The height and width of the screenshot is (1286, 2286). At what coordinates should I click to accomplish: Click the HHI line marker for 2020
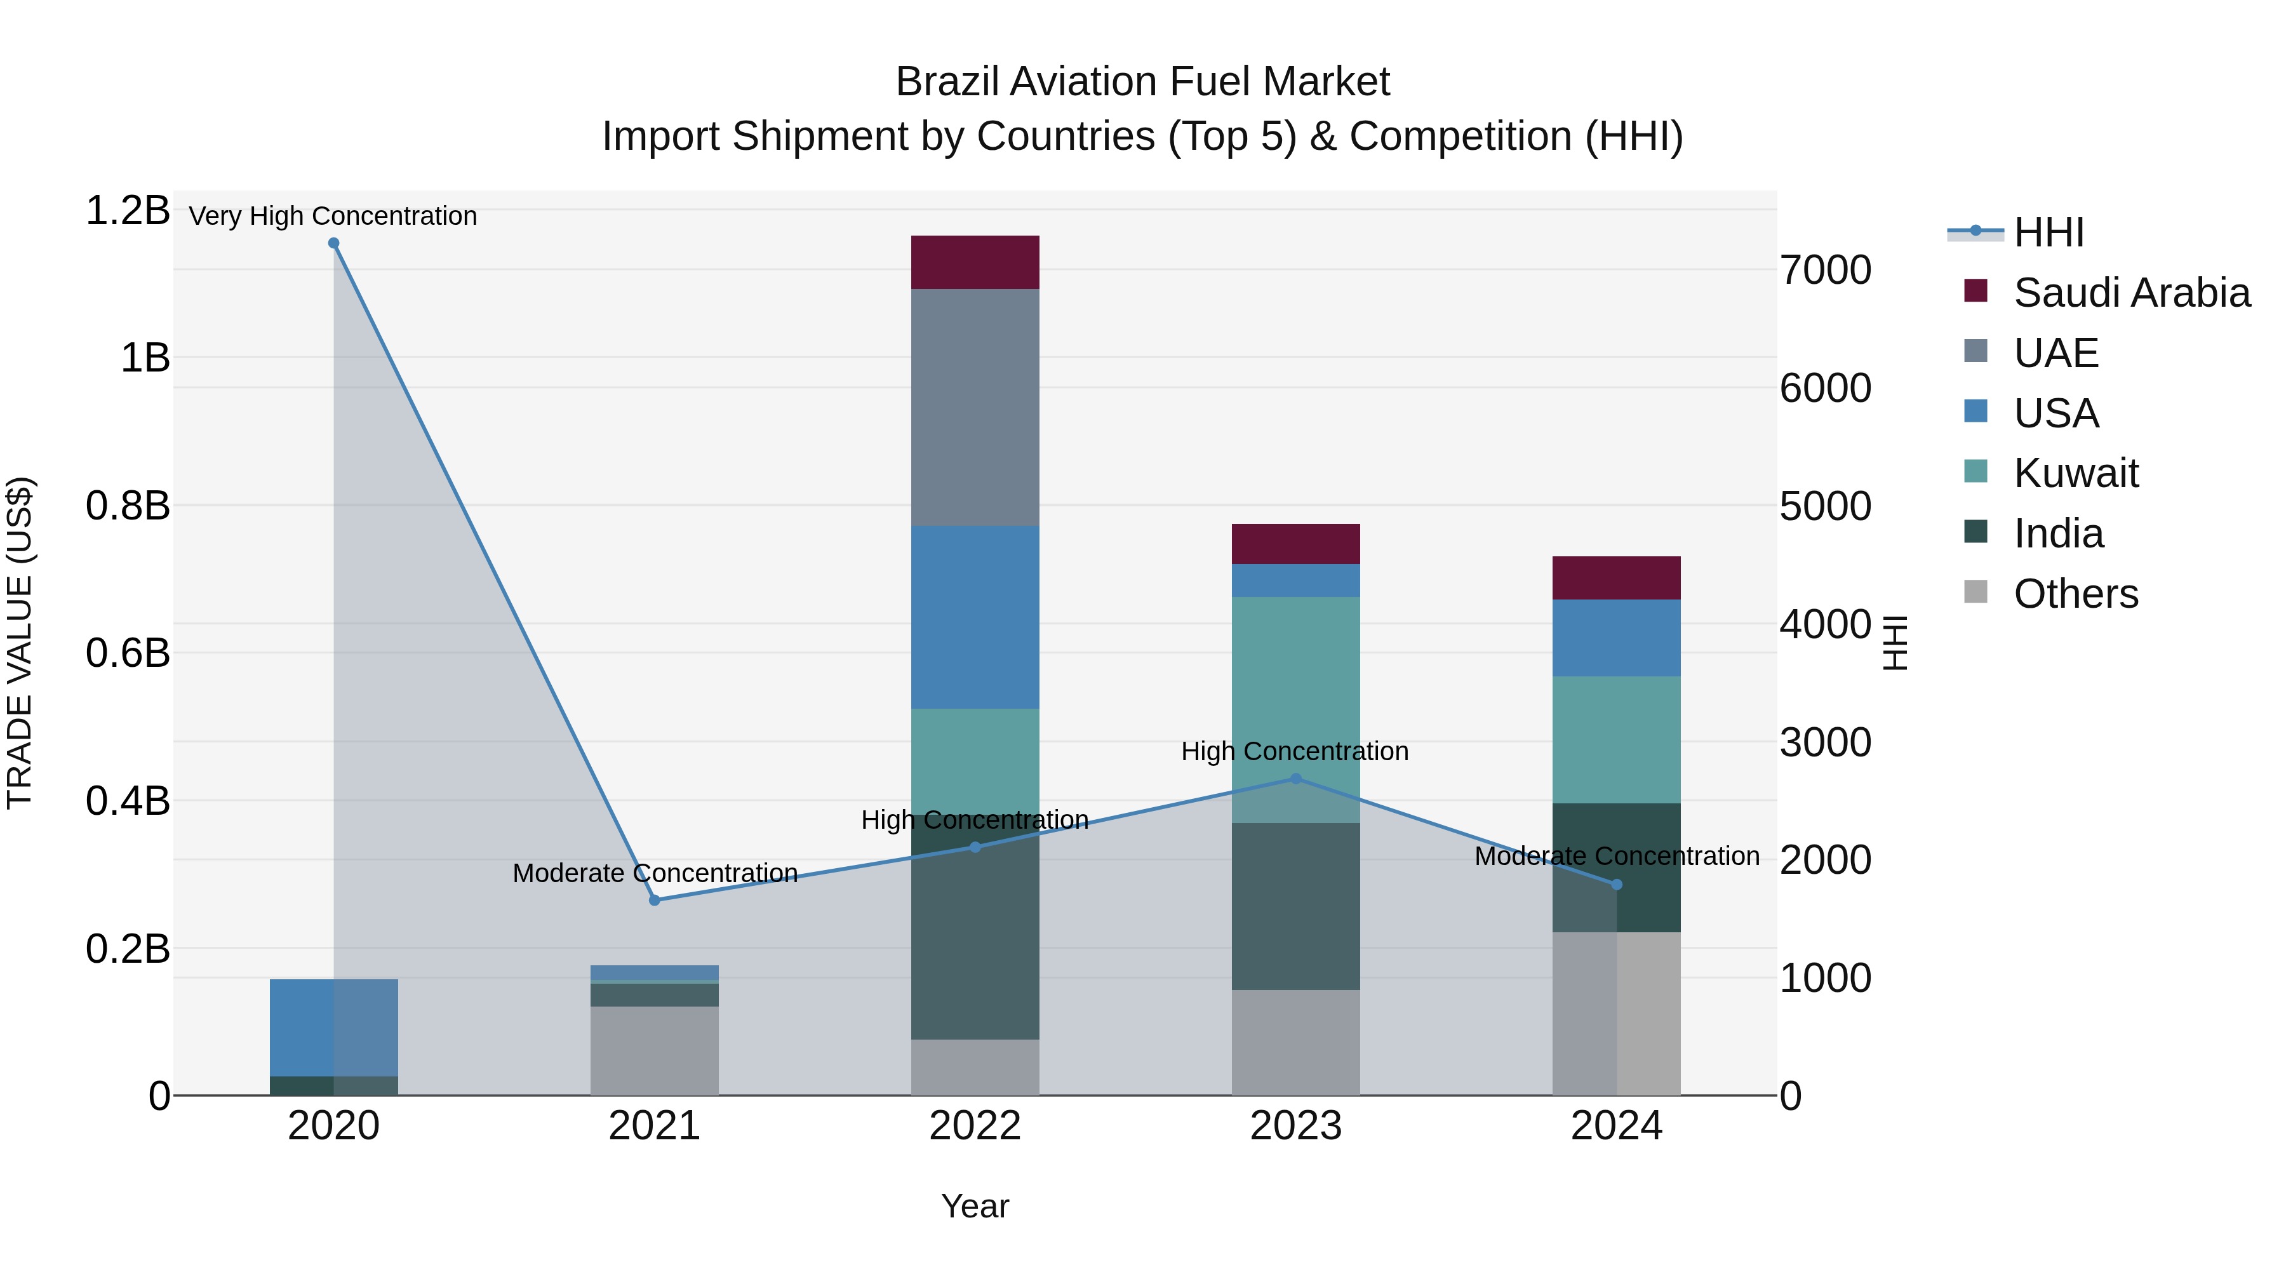[333, 243]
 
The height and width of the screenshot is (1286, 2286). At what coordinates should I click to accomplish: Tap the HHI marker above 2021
[655, 900]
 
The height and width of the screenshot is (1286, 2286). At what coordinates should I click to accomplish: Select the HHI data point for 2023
[1295, 779]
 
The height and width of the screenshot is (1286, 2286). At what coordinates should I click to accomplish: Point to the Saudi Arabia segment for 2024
[1616, 578]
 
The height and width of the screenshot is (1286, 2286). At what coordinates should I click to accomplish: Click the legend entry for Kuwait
[2075, 473]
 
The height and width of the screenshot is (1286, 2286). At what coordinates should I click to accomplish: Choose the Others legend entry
[2075, 594]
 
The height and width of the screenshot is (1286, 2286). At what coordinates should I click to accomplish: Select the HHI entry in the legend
[2048, 232]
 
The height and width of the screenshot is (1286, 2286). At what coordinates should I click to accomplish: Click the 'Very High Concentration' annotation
[333, 216]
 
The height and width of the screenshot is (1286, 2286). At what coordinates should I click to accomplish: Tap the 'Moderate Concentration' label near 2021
[655, 873]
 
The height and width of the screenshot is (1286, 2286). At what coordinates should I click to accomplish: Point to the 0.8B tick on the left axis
[128, 506]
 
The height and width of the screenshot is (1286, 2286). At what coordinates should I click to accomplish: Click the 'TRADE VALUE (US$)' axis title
[20, 643]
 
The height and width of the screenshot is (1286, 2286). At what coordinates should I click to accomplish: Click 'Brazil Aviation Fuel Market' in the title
[1142, 82]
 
